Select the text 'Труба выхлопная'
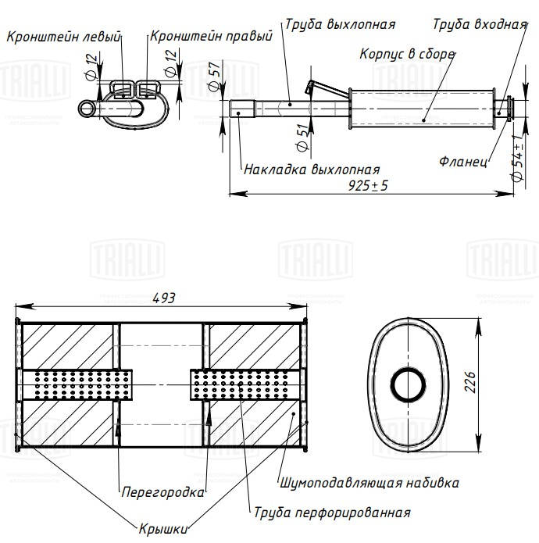(340, 24)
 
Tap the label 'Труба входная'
(480, 24)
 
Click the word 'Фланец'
(463, 163)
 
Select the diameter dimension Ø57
(213, 77)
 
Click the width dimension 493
(163, 297)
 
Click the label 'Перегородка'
(162, 492)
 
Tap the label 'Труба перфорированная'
(332, 513)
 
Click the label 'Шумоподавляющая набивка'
(368, 483)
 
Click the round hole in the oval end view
(407, 385)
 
